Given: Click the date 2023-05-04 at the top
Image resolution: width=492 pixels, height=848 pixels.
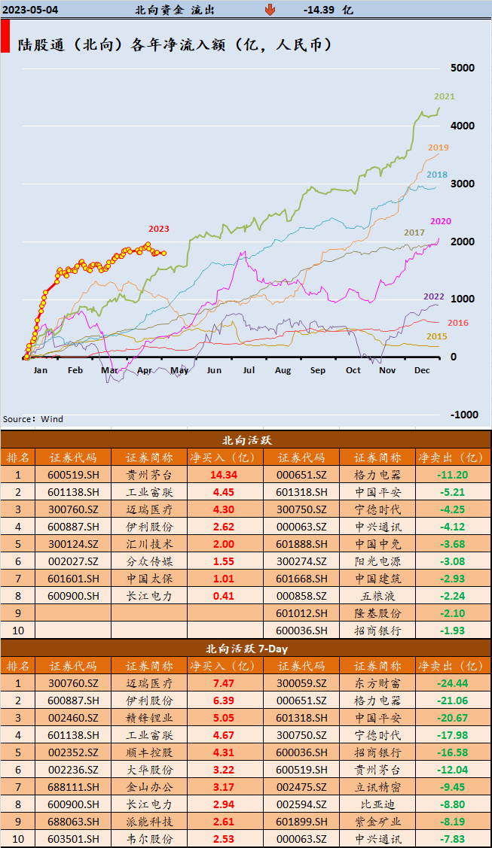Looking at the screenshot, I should pos(31,10).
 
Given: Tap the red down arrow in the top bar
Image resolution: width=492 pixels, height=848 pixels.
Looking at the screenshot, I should pos(270,10).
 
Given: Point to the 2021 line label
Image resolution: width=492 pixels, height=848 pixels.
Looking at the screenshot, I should pos(444,96).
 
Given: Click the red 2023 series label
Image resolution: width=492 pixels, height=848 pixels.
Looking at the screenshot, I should pos(159,229).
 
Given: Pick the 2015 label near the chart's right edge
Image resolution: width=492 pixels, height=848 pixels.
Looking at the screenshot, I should pos(437,336).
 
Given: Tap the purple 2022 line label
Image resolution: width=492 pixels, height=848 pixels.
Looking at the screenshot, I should pos(433,296).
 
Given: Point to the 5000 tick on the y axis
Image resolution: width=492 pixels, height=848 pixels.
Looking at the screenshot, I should pos(462,68).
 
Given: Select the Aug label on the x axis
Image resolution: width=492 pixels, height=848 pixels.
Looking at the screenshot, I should pos(283,370).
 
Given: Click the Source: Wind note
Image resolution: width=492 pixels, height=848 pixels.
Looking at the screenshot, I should pos(33,419).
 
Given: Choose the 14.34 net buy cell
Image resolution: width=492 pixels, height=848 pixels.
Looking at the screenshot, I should pos(224,475).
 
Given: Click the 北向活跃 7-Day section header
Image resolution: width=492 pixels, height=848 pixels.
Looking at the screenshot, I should pos(245,648).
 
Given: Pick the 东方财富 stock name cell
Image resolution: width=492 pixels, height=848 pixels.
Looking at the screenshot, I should pos(377,683).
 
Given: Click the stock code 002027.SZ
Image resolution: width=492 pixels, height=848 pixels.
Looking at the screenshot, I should pos(72,561).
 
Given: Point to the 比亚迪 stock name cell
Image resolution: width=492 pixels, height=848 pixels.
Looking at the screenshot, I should pos(377,804).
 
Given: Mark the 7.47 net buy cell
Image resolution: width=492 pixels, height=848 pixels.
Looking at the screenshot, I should pos(224,683).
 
